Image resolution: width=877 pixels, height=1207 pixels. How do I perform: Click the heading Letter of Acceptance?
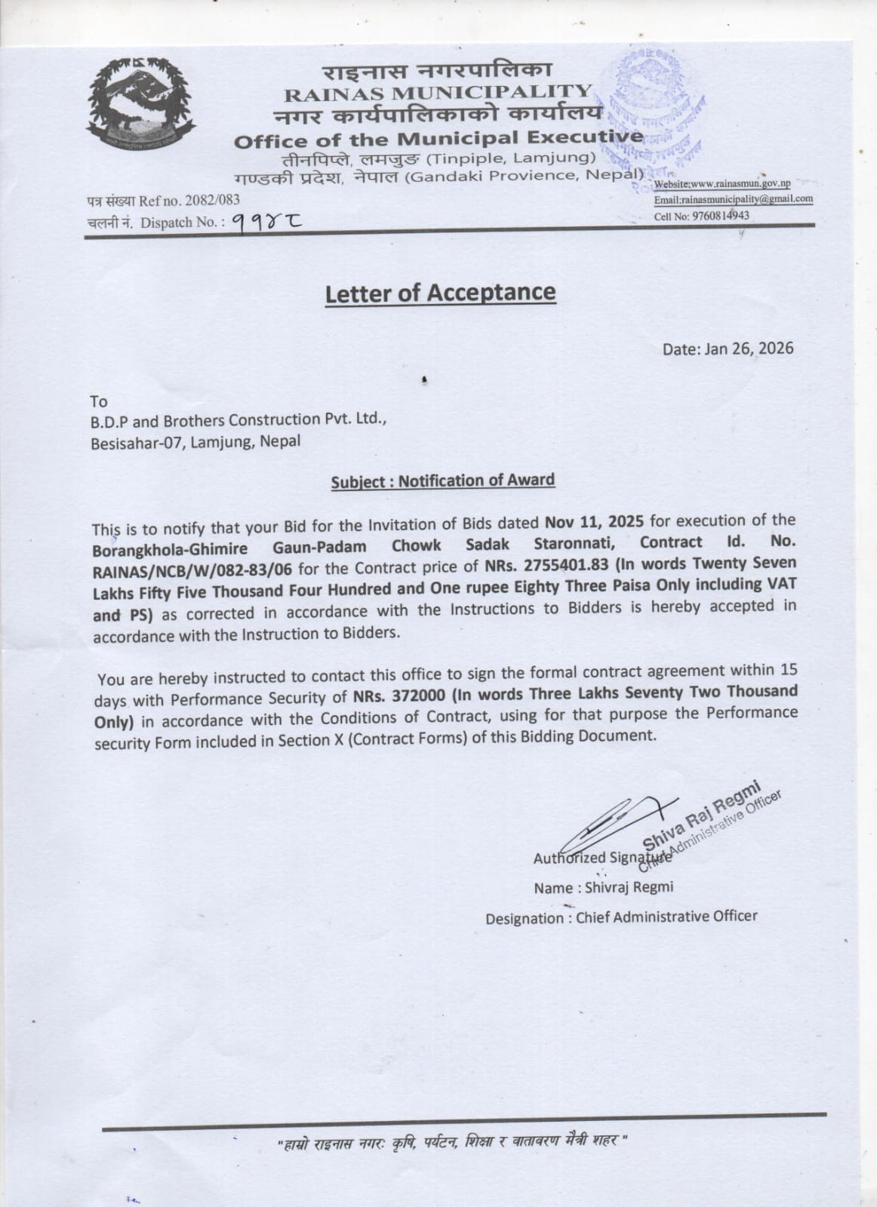[x=440, y=293]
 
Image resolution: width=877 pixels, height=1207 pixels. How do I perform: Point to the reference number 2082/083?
[x=206, y=201]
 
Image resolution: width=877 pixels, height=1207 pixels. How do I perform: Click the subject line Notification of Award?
[x=476, y=481]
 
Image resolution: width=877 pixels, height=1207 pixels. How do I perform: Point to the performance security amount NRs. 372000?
[x=398, y=693]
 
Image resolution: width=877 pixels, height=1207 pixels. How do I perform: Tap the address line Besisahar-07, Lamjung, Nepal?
[x=195, y=442]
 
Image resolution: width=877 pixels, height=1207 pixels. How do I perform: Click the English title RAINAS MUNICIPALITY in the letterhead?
[x=437, y=93]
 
